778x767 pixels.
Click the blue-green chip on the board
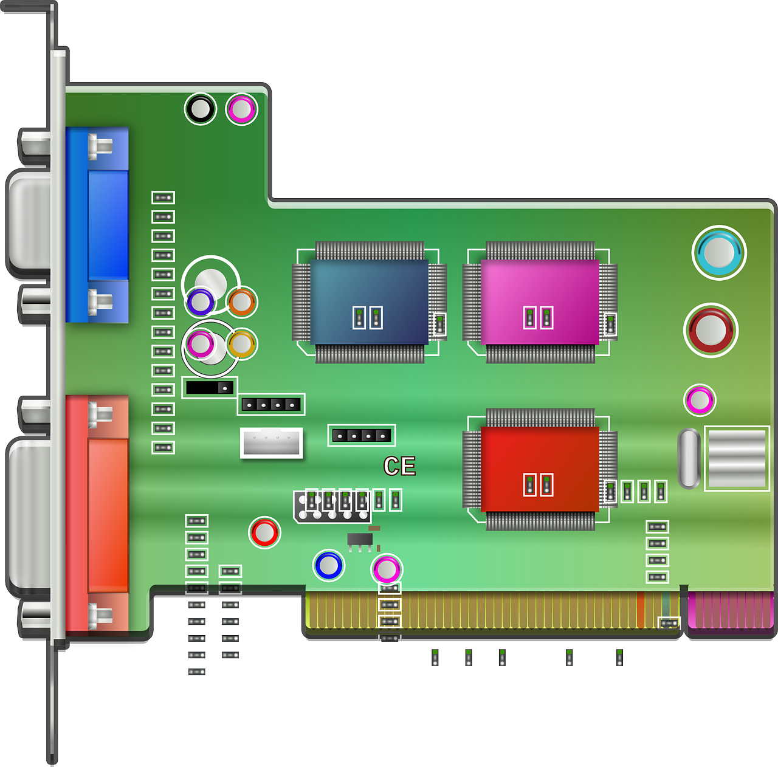(369, 302)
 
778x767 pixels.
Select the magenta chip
(540, 302)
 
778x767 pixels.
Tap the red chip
(540, 469)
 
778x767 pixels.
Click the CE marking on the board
(399, 466)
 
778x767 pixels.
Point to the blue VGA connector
(97, 225)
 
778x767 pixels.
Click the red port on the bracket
(97, 514)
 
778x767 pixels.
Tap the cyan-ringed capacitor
(719, 252)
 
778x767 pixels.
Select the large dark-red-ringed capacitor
(711, 330)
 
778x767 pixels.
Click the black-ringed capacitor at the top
(200, 109)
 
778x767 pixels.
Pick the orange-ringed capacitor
(241, 301)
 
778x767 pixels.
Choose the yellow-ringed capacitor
(241, 344)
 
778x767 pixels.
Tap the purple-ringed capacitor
(200, 301)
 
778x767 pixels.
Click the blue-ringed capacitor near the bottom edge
(329, 565)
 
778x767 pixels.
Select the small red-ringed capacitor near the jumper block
(264, 532)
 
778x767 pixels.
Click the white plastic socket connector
(272, 442)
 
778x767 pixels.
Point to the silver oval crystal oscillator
(689, 458)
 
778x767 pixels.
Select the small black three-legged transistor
(360, 540)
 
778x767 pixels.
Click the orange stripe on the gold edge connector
(640, 610)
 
